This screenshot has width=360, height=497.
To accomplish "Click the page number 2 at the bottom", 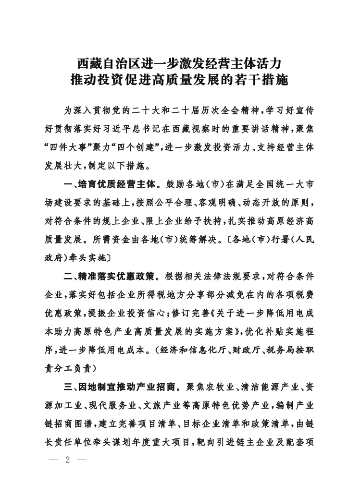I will click(x=68, y=460).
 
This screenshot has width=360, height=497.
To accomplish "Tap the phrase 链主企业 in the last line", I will click(x=252, y=442).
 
